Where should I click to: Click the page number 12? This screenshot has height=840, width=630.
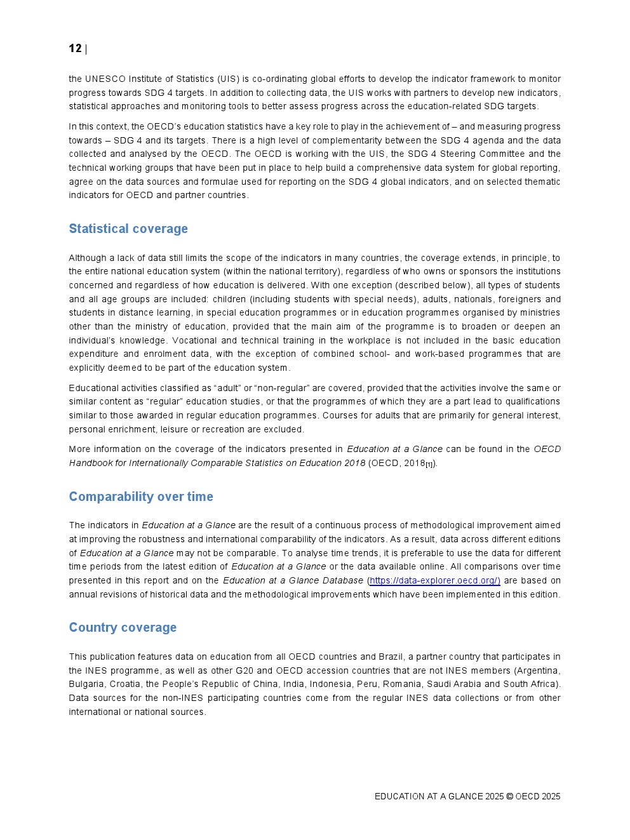75,49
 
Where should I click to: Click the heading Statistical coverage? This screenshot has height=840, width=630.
128,229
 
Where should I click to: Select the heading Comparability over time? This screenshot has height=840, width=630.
141,497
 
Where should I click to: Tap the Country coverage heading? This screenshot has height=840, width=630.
123,627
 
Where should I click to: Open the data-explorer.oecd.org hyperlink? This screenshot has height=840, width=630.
435,580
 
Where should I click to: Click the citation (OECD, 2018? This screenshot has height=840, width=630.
397,463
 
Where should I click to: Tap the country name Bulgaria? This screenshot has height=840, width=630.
87,684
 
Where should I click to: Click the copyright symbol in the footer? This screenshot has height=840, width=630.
509,796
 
